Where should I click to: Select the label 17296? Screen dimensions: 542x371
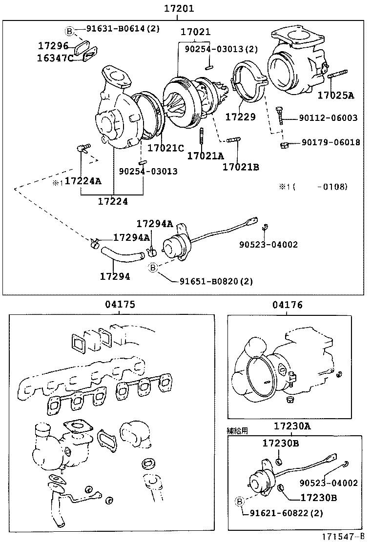coord(54,46)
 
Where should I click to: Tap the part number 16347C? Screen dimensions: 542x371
coord(56,58)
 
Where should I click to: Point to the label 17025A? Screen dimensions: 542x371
coord(335,95)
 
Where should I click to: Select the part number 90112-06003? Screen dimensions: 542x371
coord(329,118)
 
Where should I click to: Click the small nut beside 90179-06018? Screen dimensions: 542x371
coord(284,144)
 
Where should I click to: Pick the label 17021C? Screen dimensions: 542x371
coord(165,147)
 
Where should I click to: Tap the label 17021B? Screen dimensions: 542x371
coord(241,167)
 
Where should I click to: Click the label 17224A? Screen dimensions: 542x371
coord(83,181)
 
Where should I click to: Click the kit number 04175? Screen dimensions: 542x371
coord(120,305)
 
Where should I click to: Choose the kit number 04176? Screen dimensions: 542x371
coord(288,305)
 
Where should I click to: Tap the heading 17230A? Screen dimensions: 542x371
coord(291,426)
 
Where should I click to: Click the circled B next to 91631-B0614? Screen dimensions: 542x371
coord(69,31)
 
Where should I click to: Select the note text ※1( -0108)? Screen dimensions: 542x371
coord(313,186)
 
